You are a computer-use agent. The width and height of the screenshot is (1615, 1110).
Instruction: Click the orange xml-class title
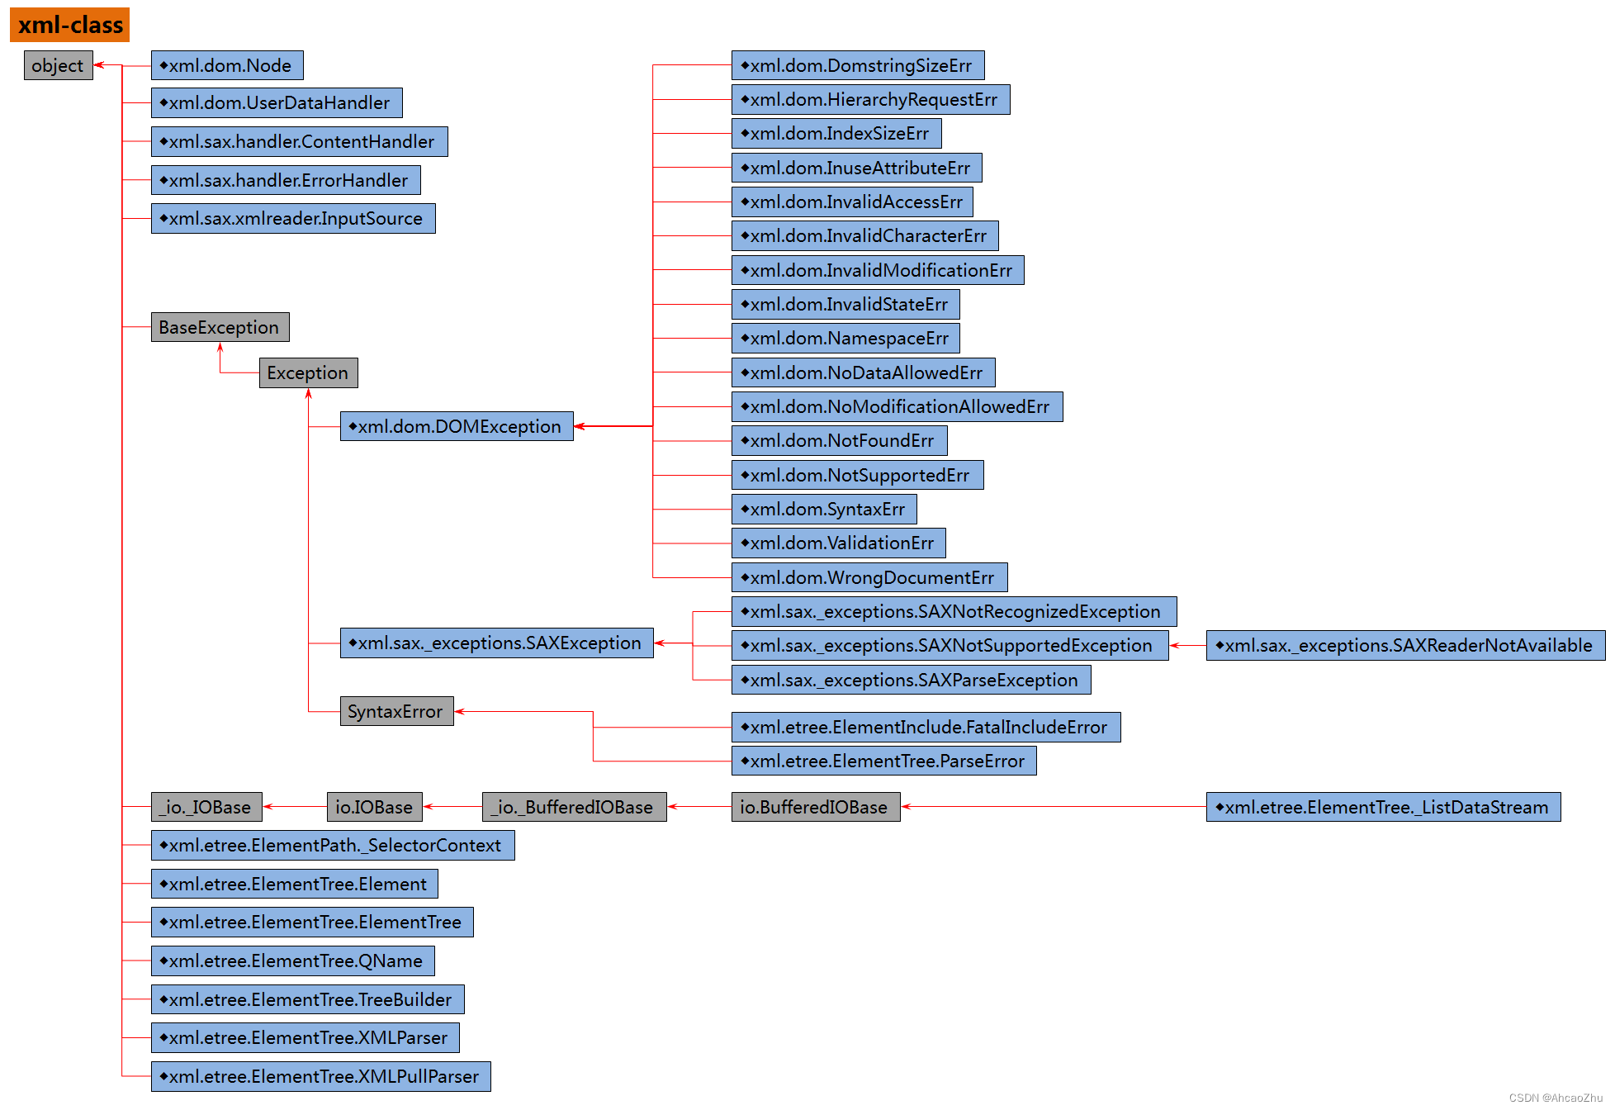(x=70, y=25)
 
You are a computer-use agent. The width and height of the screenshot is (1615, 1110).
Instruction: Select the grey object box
(x=58, y=65)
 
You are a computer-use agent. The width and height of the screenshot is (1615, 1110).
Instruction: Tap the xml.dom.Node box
(x=227, y=65)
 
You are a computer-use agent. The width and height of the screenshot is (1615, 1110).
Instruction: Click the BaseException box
(x=220, y=327)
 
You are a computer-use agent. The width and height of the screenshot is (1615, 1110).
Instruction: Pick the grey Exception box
(x=308, y=372)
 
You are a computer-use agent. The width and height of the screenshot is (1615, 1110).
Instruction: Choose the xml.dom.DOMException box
(x=457, y=426)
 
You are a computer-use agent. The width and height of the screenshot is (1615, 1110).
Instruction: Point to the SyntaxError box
(x=396, y=711)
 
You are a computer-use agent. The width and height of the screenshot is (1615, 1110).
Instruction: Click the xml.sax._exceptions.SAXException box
(x=496, y=643)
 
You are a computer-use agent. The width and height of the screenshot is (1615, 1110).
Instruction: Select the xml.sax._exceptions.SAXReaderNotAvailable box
(x=1405, y=645)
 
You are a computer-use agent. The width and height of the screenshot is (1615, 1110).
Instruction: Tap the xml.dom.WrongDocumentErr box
(x=869, y=577)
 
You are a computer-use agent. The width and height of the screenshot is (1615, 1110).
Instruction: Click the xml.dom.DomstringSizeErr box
(x=858, y=65)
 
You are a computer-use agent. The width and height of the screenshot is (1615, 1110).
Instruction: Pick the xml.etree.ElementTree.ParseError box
(x=883, y=761)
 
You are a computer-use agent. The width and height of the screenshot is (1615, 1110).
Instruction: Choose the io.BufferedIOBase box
(x=815, y=807)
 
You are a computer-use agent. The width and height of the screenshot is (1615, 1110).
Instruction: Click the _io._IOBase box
(x=206, y=807)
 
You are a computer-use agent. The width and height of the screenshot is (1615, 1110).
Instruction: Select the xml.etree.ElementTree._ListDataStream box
(x=1383, y=807)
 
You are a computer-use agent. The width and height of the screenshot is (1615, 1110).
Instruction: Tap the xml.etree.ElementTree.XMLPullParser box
(x=320, y=1076)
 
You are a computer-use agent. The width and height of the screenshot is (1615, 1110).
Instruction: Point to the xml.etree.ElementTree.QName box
(x=292, y=961)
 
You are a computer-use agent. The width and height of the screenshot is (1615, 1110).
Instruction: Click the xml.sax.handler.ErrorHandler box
(x=286, y=180)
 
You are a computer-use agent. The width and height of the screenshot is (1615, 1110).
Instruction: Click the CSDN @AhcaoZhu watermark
(x=1555, y=1098)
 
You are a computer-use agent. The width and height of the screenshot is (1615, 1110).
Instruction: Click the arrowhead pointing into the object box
(x=98, y=65)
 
